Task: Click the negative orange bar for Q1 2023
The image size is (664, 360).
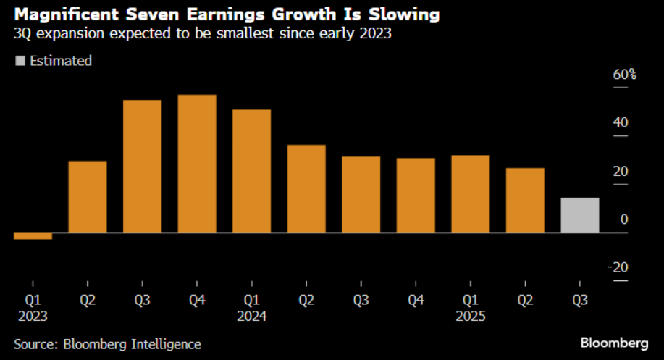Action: (33, 235)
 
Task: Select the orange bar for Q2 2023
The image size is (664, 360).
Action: (88, 196)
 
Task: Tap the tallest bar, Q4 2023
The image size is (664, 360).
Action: (197, 164)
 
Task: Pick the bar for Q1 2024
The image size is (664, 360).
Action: (251, 171)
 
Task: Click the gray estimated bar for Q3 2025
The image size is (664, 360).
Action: (580, 215)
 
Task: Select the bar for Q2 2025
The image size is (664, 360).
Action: (525, 200)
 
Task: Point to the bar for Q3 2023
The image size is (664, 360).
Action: (142, 166)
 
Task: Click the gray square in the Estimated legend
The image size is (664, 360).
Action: (20, 61)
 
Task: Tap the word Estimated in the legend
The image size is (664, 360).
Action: (61, 61)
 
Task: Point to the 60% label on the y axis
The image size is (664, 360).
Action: (624, 75)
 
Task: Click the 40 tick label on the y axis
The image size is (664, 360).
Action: (620, 122)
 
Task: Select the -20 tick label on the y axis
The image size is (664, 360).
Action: (618, 267)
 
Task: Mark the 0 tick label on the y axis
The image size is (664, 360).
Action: (623, 219)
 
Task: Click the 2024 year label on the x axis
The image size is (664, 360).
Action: (251, 316)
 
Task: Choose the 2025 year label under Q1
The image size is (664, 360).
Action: (470, 316)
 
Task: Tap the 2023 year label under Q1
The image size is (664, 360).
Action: (33, 316)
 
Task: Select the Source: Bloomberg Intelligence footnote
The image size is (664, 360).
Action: (107, 344)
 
